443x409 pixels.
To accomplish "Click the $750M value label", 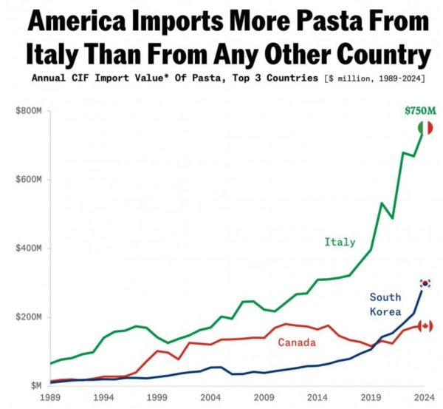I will (419, 110).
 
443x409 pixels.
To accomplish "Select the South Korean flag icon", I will (425, 283).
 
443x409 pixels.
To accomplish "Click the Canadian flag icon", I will (426, 325).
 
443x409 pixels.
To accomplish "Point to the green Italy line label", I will (340, 242).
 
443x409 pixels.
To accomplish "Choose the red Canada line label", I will (297, 342).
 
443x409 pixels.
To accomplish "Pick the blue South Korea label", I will (385, 304).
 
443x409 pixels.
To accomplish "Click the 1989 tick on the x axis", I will (50, 399).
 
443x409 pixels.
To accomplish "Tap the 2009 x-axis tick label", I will (263, 399).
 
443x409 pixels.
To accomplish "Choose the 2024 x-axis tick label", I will (423, 399).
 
